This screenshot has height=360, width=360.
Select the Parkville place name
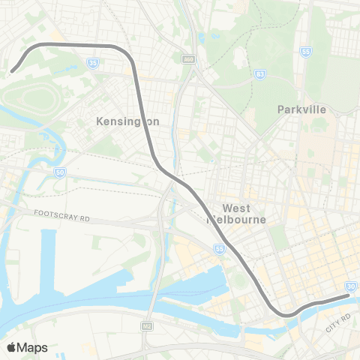[301, 109]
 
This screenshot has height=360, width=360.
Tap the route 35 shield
[93, 65]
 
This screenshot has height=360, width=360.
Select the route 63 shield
[259, 74]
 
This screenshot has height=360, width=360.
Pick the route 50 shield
[59, 172]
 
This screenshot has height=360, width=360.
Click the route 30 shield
[351, 286]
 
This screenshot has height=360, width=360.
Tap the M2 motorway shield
[148, 326]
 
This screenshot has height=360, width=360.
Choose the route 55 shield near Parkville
[305, 52]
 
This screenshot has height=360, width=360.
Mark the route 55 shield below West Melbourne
[217, 249]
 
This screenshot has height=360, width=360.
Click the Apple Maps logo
[26, 347]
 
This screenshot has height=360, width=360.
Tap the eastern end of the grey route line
[349, 296]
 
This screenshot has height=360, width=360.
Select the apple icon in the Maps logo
[12, 346]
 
